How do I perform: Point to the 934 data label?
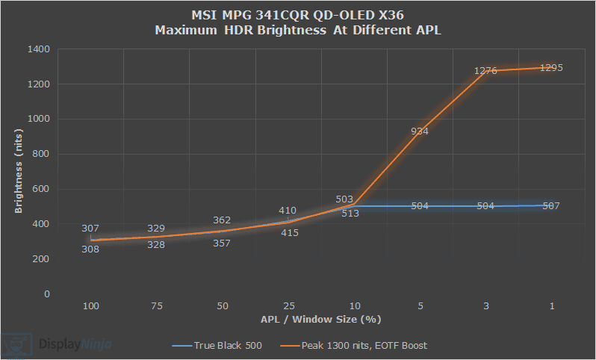tap(420, 131)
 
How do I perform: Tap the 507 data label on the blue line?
tap(551, 205)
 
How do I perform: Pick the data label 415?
tap(289, 232)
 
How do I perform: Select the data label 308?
tap(90, 249)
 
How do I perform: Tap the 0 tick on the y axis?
tap(46, 294)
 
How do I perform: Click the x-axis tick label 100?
tap(91, 307)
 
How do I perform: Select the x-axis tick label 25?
tap(288, 307)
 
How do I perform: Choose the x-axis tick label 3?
tap(485, 307)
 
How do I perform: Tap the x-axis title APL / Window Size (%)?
tap(321, 320)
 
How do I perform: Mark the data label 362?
tap(223, 220)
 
